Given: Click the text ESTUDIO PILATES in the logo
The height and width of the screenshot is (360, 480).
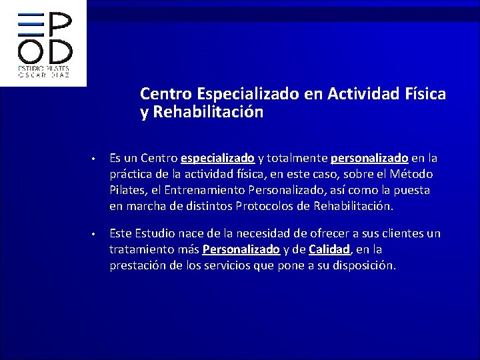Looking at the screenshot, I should coord(44,69).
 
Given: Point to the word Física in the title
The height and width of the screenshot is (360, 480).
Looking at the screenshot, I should coord(424,95).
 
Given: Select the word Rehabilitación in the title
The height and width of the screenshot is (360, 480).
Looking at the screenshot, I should coord(208,113).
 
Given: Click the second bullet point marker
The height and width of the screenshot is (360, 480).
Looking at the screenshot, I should coord(95,235).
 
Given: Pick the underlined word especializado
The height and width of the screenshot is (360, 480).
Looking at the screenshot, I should coord(217,159).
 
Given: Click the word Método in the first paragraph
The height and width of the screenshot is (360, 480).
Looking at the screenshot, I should coord(411,175).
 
